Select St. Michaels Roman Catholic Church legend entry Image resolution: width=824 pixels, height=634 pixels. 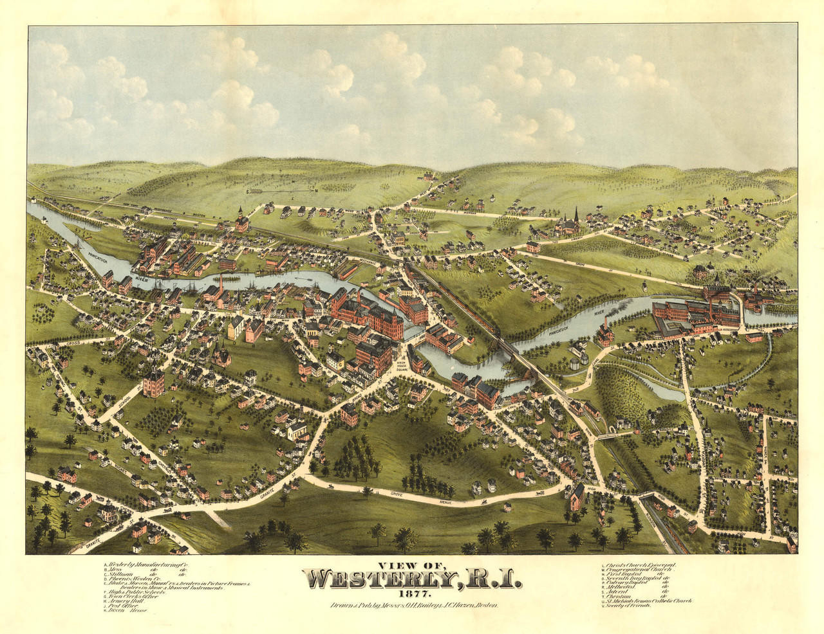point(647,601)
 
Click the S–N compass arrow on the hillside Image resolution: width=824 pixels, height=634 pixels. point(282,190)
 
